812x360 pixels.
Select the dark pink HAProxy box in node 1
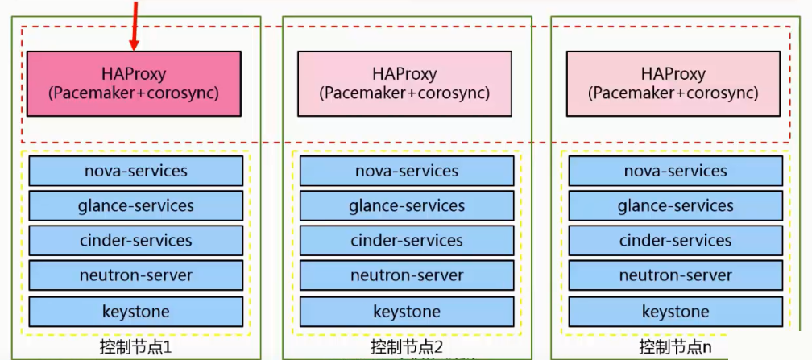(x=134, y=84)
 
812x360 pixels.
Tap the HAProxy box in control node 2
(x=404, y=84)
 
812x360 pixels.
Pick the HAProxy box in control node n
(x=673, y=84)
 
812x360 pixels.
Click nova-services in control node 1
(x=135, y=171)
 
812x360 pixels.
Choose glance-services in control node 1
(x=135, y=205)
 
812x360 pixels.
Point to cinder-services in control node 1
(x=135, y=241)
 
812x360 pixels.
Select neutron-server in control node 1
(x=135, y=275)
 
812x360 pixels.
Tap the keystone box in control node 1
(x=135, y=311)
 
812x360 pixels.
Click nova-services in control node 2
(x=407, y=171)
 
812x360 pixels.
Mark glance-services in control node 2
(x=407, y=206)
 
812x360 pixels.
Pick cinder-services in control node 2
(x=407, y=241)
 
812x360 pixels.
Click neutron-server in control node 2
(x=407, y=275)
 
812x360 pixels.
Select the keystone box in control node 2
(x=407, y=311)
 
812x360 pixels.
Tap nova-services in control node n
(x=675, y=171)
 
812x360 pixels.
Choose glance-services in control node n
(x=675, y=206)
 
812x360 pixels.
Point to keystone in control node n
(x=675, y=311)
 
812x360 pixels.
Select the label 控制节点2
(x=407, y=348)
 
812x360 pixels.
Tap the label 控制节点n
(x=675, y=348)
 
